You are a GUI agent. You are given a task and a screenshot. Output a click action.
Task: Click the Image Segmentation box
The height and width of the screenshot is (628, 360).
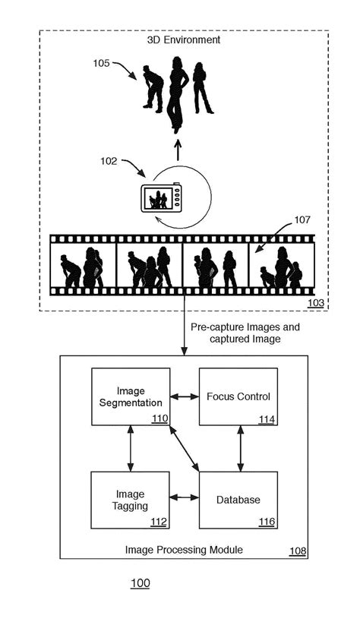pos(130,396)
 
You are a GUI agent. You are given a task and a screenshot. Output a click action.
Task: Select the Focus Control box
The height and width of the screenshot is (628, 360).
pos(238,396)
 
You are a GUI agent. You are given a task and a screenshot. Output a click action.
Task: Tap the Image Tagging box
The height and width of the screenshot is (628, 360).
pos(130,500)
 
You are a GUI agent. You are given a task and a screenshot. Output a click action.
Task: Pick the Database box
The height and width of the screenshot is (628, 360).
pos(238,500)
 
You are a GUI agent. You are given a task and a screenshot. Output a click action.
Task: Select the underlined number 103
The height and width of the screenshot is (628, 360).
pos(315,303)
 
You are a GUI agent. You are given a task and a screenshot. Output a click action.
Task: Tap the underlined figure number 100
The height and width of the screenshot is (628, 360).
pos(140,583)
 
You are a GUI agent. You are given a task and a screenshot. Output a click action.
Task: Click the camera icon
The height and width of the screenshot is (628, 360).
pos(161,198)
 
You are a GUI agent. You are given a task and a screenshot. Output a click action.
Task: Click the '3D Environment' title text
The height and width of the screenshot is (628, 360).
pos(184,39)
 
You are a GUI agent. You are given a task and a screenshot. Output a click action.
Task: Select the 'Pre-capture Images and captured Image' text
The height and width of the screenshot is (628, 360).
pos(245,333)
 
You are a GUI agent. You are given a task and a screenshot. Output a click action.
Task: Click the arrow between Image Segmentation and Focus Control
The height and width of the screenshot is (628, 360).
pos(184,396)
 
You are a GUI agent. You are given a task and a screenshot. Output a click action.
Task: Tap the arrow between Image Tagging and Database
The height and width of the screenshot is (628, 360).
pos(184,498)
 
